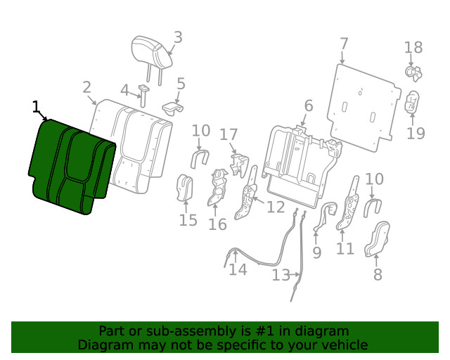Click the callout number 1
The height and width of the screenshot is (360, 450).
pos(37,107)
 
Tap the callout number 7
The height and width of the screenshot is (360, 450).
pos(343,44)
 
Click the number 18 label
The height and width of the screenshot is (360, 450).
pos(413,48)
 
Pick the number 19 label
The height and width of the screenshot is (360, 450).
pos(416,132)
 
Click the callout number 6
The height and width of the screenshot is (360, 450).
pos(308,106)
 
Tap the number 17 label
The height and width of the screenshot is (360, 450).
pos(229,134)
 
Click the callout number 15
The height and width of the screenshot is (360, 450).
pos(188,221)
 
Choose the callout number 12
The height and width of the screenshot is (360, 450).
pos(276,207)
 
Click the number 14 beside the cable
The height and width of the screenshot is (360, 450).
pos(238,269)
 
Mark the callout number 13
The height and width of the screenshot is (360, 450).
pos(281,275)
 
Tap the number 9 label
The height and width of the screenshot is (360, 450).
pos(316,251)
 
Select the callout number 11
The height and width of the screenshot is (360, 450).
pos(345,248)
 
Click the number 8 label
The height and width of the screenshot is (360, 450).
pos(378,274)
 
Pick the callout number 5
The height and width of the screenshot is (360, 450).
pos(181,84)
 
